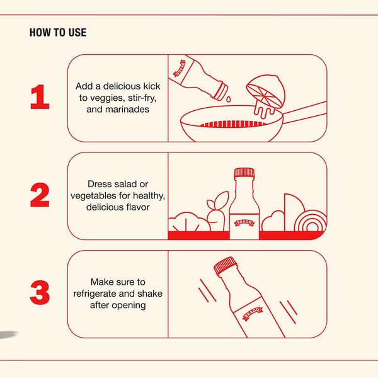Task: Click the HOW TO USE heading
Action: [x=58, y=32]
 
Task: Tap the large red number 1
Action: [x=40, y=96]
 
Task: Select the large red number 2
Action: [x=40, y=195]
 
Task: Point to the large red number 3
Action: [x=40, y=292]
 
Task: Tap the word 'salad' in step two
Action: [x=124, y=184]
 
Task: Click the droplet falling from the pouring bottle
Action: [x=228, y=99]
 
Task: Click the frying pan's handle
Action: [x=305, y=112]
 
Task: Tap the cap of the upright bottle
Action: [x=244, y=173]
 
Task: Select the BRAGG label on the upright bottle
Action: [x=244, y=222]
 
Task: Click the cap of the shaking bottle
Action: [x=226, y=266]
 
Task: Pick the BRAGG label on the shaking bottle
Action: [x=252, y=313]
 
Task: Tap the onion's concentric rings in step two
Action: [x=311, y=222]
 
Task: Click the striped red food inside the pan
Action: [x=233, y=124]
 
